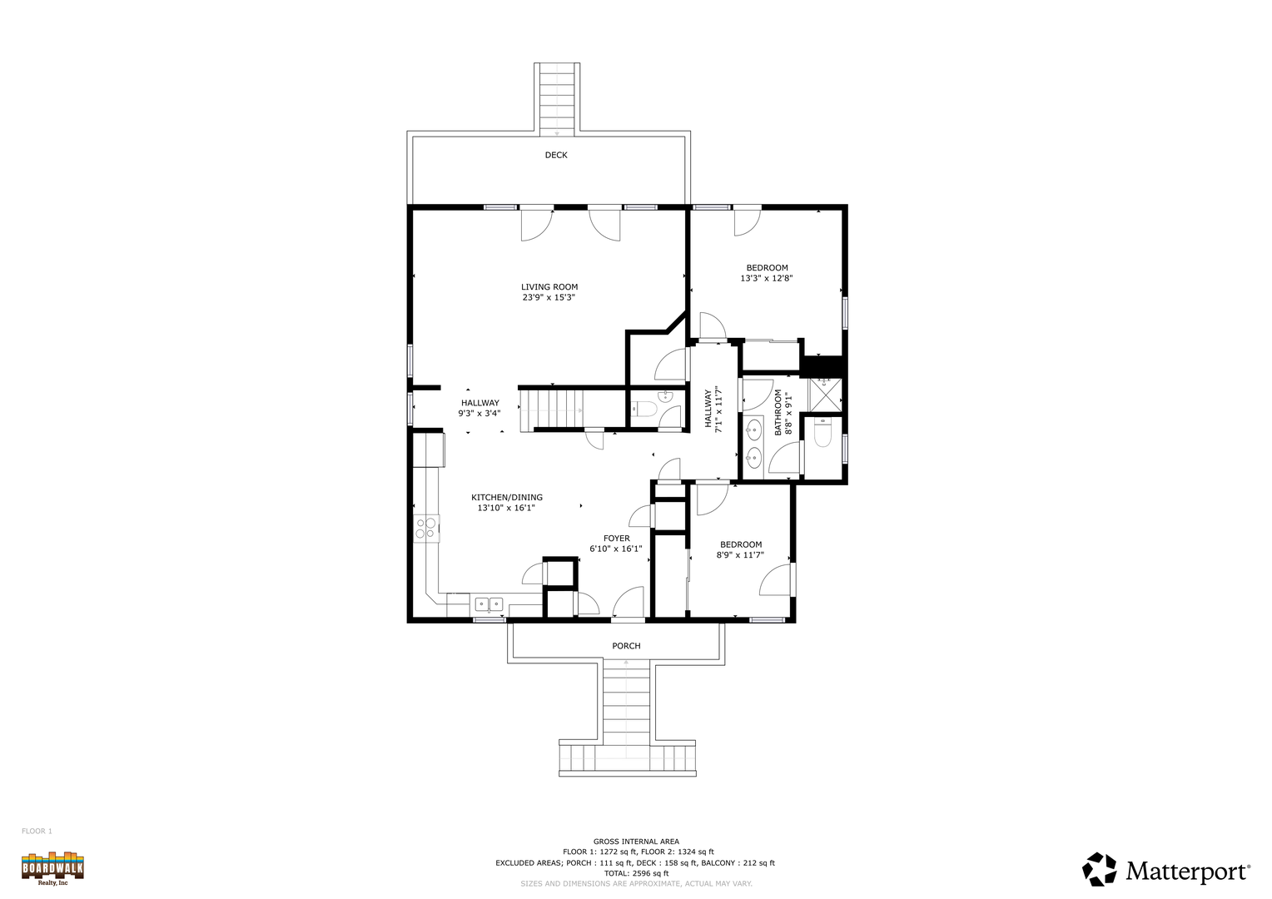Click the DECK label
(x=556, y=155)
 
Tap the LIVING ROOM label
(x=549, y=287)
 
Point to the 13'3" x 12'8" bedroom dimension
(x=767, y=278)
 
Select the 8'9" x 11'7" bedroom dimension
(x=741, y=555)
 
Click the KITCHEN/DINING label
(x=506, y=498)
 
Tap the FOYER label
(x=617, y=539)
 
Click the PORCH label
(x=626, y=646)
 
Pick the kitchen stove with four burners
(x=426, y=528)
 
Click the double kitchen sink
(x=489, y=603)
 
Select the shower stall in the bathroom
(x=824, y=394)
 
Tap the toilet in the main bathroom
(x=822, y=434)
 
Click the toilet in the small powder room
(x=644, y=409)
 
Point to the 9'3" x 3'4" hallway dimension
(x=479, y=414)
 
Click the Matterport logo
(x=1166, y=870)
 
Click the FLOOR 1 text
(x=37, y=832)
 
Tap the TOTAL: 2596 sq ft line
(x=636, y=873)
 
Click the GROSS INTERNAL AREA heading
(x=636, y=842)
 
